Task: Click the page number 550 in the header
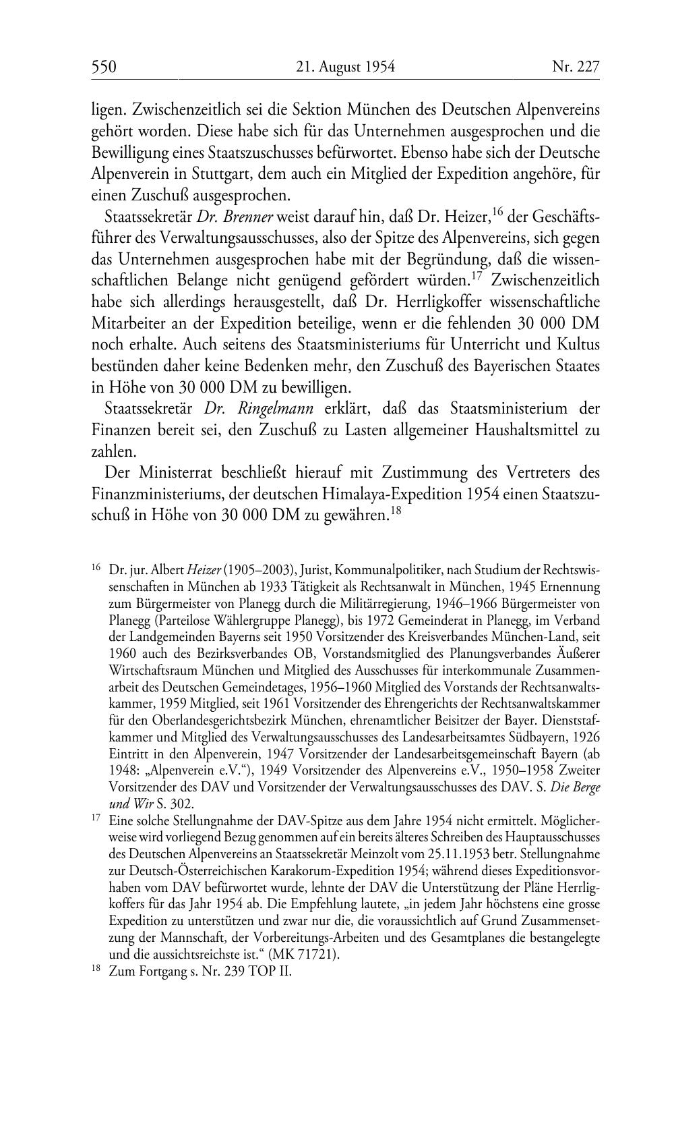(104, 67)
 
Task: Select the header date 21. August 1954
(345, 67)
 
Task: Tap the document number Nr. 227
(576, 67)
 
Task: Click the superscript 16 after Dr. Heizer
(498, 213)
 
